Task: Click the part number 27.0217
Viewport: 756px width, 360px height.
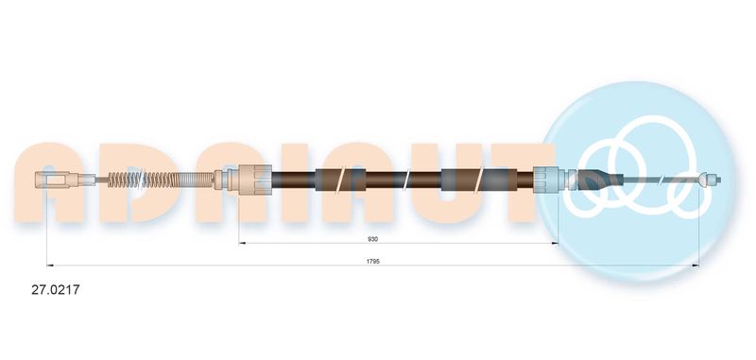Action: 56,290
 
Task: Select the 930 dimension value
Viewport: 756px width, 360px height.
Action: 372,238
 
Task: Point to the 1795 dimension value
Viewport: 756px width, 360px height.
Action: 372,261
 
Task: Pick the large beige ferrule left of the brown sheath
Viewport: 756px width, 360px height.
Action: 255,180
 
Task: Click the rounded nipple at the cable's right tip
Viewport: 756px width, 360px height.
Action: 711,180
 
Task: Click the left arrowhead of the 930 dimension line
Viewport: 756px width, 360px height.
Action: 242,244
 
